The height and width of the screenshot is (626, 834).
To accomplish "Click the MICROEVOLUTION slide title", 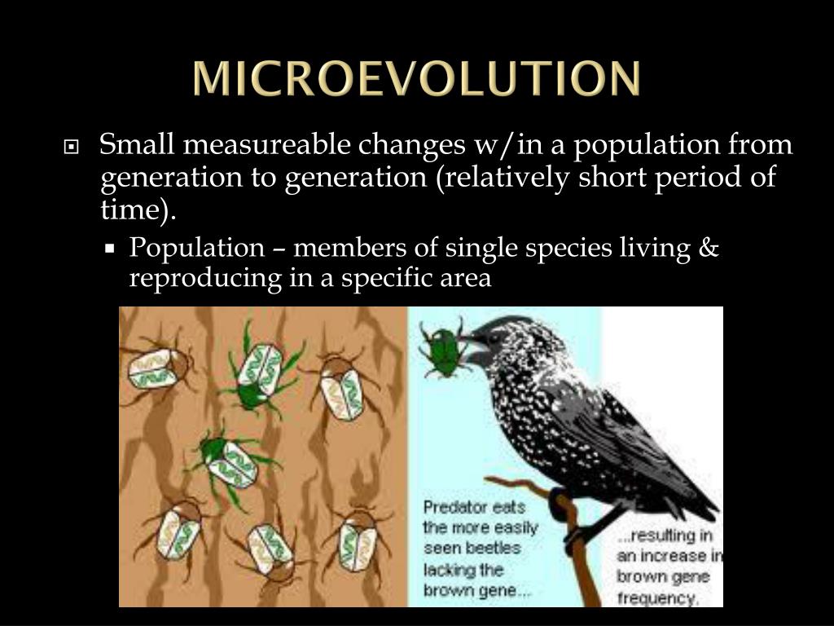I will pyautogui.click(x=417, y=78).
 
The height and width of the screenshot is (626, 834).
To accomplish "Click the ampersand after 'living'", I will pyautogui.click(x=709, y=248).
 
